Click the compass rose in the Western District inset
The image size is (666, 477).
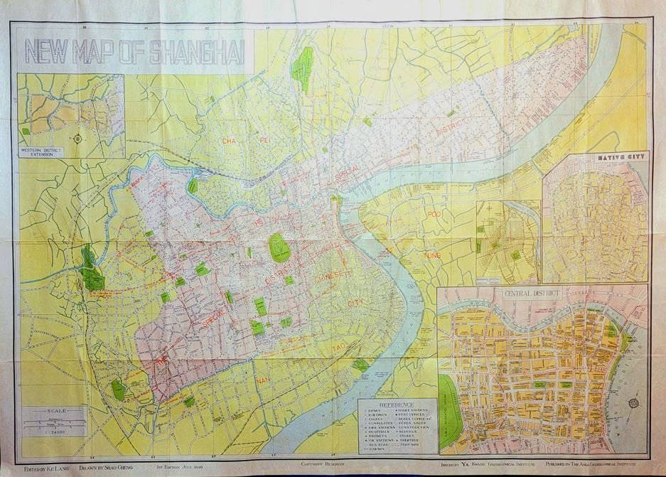point(77,136)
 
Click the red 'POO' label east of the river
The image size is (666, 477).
point(433,213)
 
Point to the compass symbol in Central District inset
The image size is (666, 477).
point(633,403)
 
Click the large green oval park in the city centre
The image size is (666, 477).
point(279,247)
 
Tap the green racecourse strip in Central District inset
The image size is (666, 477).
point(448,412)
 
